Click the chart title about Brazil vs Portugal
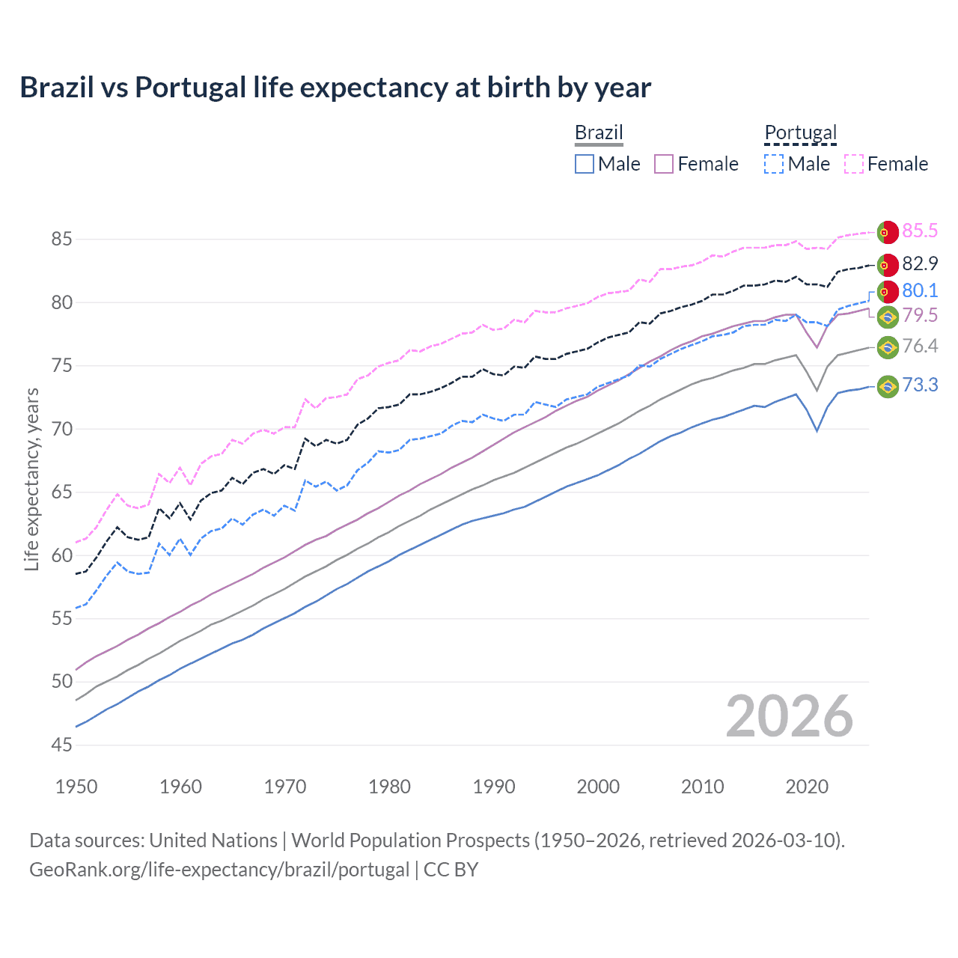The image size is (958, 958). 335,88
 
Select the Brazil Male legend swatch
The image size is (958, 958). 585,164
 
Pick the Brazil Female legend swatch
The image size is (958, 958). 664,164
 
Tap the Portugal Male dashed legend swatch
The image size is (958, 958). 774,164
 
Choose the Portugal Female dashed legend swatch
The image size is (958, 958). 853,164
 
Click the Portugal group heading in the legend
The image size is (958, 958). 800,133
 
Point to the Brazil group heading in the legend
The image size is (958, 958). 599,133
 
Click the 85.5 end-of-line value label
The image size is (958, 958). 920,231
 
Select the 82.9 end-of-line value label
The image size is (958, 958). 920,263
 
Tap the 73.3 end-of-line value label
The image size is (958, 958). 920,385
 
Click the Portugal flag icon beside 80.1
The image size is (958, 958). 888,291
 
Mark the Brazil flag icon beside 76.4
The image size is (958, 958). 888,347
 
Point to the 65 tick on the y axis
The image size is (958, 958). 62,492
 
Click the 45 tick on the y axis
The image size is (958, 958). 62,745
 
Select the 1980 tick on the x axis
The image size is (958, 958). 389,787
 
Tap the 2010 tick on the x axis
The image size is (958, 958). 702,787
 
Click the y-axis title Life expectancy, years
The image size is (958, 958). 32,479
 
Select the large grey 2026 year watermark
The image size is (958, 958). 789,717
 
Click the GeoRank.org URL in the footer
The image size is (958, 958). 219,870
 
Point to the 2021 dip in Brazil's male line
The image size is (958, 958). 817,430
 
